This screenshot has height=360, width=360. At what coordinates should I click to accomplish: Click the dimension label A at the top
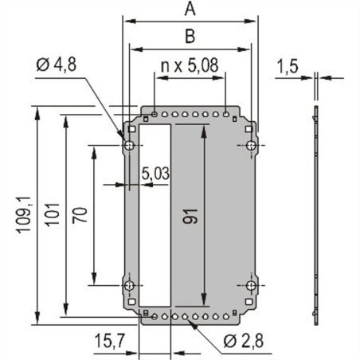coord(189,10)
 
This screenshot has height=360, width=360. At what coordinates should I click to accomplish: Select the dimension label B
coord(190,36)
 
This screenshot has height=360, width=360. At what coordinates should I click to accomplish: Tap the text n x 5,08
coord(188,63)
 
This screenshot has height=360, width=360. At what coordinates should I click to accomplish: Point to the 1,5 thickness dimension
coord(288,68)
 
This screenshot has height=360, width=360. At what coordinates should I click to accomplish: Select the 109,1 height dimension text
coord(23,215)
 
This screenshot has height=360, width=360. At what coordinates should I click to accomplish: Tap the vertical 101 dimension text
coord(53,215)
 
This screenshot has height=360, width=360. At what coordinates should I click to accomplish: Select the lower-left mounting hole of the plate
coord(128,285)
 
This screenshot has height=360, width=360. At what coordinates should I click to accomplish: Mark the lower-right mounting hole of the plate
coord(250,285)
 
